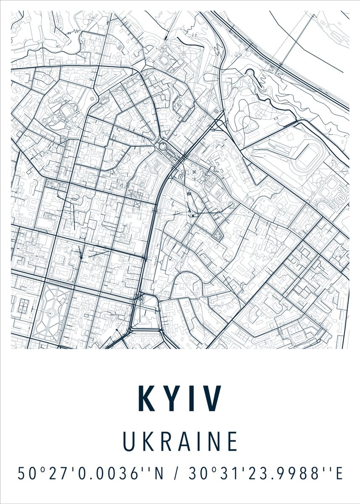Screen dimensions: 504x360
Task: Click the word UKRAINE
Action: tap(180, 441)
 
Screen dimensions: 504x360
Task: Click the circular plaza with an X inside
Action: tap(194, 172)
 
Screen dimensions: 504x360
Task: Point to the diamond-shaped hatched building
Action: tap(218, 236)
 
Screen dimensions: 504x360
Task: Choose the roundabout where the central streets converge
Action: tap(162, 147)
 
